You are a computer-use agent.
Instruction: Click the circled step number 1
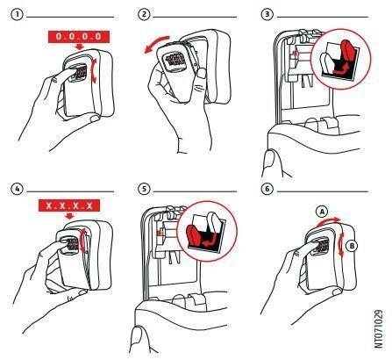pyautogui.click(x=17, y=15)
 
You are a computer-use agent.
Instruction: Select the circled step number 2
pyautogui.click(x=144, y=15)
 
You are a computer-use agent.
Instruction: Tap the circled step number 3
pyautogui.click(x=267, y=15)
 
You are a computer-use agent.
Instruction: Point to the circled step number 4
pyautogui.click(x=17, y=189)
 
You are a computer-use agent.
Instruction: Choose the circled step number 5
pyautogui.click(x=144, y=189)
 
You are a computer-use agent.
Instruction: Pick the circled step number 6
pyautogui.click(x=267, y=189)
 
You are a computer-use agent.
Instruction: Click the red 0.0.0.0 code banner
pyautogui.click(x=79, y=37)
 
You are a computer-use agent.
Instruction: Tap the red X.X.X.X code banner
pyautogui.click(x=69, y=205)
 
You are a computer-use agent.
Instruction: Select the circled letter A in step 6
pyautogui.click(x=322, y=212)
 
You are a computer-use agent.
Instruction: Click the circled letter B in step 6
pyautogui.click(x=352, y=246)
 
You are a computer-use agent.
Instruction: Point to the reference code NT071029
pyautogui.click(x=378, y=328)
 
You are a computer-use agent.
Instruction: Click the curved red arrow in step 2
pyautogui.click(x=155, y=43)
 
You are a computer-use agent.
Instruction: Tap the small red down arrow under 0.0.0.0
pyautogui.click(x=79, y=47)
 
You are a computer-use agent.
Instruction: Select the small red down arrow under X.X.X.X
pyautogui.click(x=69, y=216)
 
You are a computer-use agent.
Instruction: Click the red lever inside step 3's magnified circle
pyautogui.click(x=346, y=59)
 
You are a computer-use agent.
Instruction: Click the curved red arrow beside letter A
pyautogui.click(x=328, y=220)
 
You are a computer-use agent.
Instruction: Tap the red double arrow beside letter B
pyautogui.click(x=340, y=246)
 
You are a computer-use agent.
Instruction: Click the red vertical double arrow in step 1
pyautogui.click(x=94, y=70)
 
